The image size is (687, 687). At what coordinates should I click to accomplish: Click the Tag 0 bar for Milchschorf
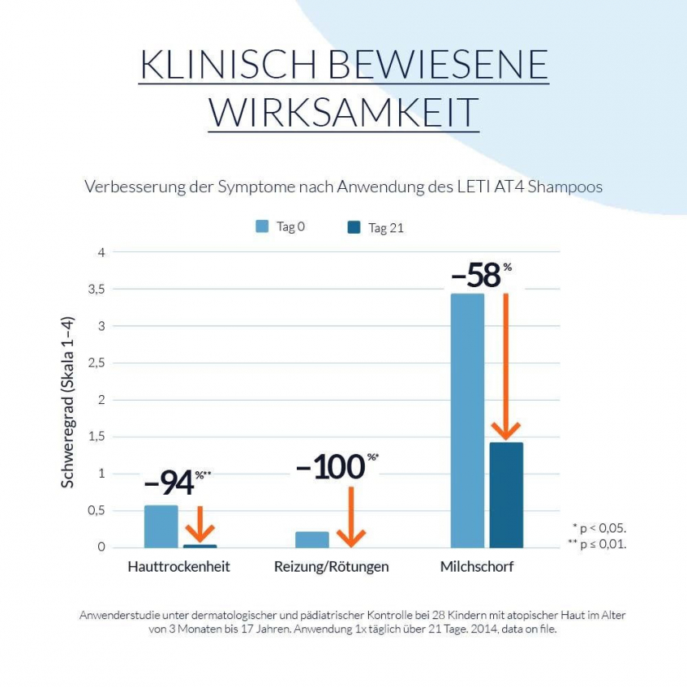coord(467,420)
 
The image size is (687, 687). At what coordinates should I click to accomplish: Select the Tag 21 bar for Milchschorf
coord(505,495)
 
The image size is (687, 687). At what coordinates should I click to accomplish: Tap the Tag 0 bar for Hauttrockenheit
coord(161,527)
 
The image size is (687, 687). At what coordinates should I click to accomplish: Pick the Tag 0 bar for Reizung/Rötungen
coord(312,540)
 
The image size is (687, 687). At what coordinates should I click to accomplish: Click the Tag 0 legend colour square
coord(262,227)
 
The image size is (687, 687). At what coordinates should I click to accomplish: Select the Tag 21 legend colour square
coord(353,227)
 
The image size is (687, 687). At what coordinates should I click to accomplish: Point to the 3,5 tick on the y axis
coord(97,290)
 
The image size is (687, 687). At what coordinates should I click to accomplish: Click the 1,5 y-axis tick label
coord(97,437)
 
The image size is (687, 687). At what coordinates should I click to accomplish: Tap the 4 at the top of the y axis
coord(101,253)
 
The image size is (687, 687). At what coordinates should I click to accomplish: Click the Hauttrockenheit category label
coord(179,567)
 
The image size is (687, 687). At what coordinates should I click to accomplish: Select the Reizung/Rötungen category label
coord(331,567)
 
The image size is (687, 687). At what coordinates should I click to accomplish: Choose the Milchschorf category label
coord(477,567)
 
